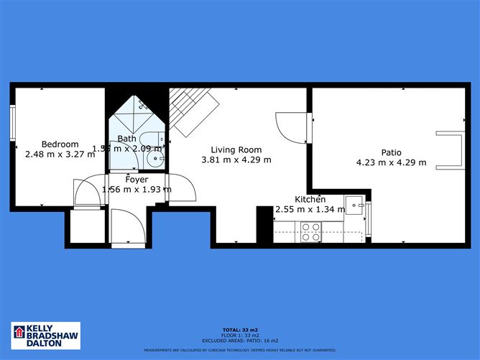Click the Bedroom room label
coord(60,144)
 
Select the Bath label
coord(126,139)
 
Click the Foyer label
coord(137,180)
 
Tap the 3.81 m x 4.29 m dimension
coord(236,160)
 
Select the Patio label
coord(391,152)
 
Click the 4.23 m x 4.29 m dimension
coord(391,162)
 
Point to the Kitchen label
coord(310,199)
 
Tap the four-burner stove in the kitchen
coord(311,231)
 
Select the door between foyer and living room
coord(183,188)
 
